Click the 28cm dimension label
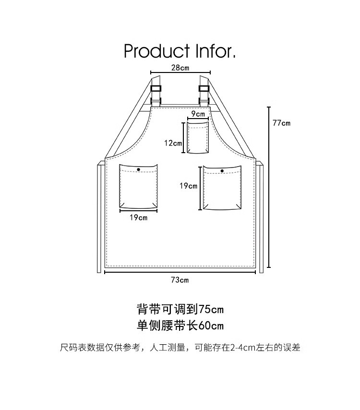(x=180, y=68)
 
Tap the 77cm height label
(x=281, y=123)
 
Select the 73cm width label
(x=180, y=280)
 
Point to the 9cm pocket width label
(x=198, y=114)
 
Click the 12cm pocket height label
(x=173, y=143)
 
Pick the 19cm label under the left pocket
(x=139, y=217)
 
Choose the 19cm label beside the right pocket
(x=188, y=186)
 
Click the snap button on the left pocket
(x=138, y=169)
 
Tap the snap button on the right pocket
(x=222, y=171)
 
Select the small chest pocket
(x=198, y=137)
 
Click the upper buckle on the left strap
(x=156, y=88)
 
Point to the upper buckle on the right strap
(x=204, y=88)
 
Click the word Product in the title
(x=156, y=51)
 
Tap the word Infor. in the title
(x=216, y=51)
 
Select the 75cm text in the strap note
(x=211, y=309)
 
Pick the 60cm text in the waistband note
(x=211, y=326)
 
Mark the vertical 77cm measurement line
(x=269, y=187)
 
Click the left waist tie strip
(x=99, y=217)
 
